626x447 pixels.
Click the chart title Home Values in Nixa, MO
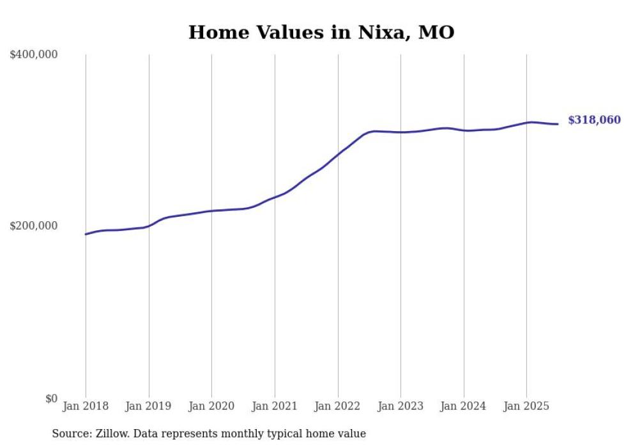pos(321,33)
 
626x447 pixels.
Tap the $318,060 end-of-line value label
pos(594,120)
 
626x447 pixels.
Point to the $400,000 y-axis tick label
pos(34,55)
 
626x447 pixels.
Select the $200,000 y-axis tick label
pos(34,226)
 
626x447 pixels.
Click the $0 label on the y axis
pos(51,399)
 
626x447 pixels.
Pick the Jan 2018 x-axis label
pos(86,407)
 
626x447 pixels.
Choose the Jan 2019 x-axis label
pos(149,407)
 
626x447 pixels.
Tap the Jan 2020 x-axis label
pos(211,407)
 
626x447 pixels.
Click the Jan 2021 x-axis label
pos(275,407)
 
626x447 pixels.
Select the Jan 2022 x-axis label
pos(338,407)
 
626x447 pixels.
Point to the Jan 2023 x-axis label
pos(401,407)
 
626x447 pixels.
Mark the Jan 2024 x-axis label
pos(464,407)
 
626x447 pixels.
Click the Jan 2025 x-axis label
pos(526,407)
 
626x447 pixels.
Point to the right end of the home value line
pos(558,124)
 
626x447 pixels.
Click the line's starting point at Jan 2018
pos(86,234)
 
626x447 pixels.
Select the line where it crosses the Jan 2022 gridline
pos(338,154)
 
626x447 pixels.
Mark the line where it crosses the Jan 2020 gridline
pos(211,211)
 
